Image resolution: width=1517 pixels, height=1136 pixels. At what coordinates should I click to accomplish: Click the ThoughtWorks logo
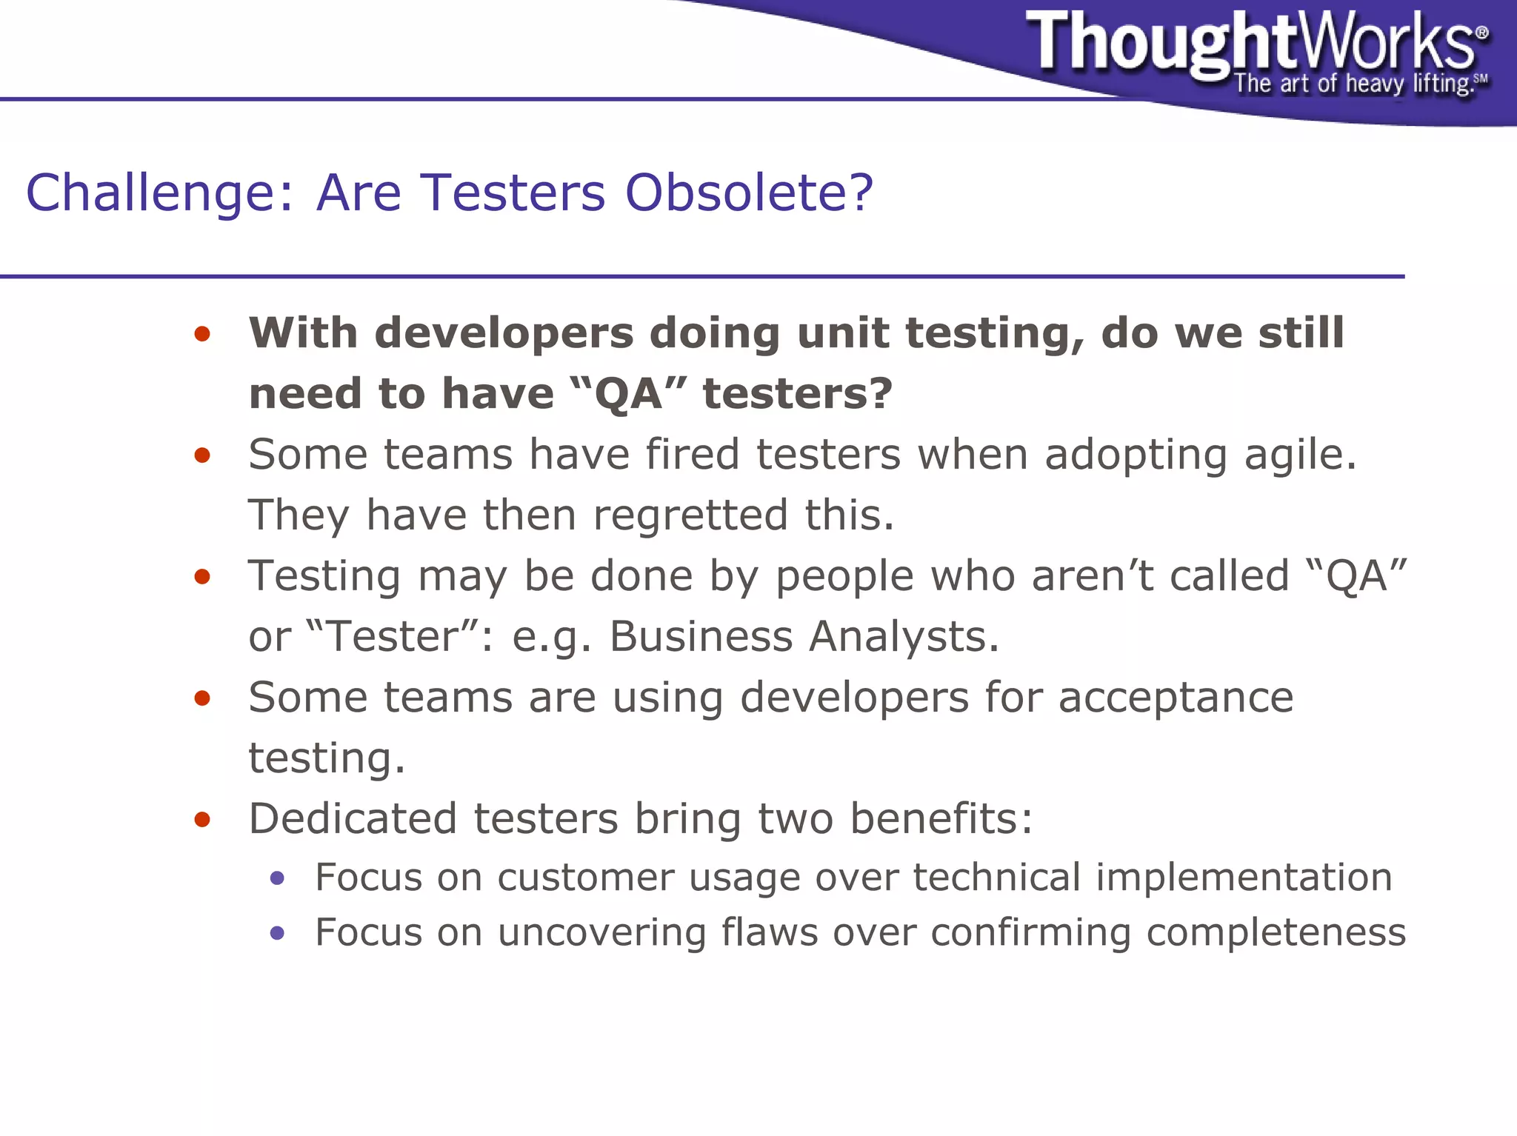pos(1252,43)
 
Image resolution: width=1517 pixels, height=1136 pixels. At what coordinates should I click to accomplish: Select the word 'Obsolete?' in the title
pos(749,193)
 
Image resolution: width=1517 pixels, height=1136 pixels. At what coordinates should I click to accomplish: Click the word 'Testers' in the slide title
pos(513,193)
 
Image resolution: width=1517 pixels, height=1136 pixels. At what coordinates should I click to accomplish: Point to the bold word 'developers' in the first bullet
pos(504,333)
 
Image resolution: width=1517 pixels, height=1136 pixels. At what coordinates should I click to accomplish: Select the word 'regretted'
pos(690,515)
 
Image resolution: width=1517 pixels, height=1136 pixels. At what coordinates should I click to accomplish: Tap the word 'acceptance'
pos(1176,698)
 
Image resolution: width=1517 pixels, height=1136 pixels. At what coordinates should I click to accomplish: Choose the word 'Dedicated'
pos(353,819)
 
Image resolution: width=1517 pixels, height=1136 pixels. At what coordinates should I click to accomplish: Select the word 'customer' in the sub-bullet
pos(585,878)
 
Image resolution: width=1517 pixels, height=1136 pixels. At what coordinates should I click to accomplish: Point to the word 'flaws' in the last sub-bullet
pos(769,932)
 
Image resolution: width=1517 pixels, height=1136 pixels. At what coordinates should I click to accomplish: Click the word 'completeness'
pos(1276,933)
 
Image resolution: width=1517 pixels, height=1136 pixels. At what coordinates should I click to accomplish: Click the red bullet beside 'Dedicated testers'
pos(202,820)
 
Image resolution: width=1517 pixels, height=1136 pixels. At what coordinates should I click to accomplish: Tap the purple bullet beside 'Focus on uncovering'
pos(278,933)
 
